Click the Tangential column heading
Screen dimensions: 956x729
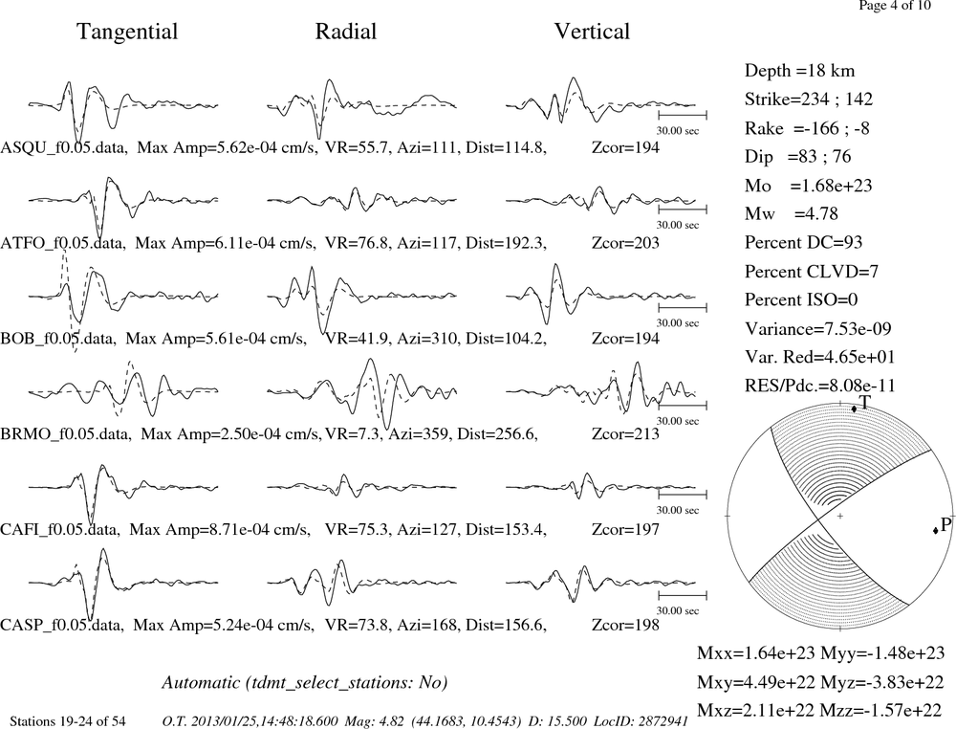127,32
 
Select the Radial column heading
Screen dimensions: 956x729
346,32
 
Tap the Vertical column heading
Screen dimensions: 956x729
592,32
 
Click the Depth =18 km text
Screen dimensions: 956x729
799,71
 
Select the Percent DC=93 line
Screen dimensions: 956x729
803,243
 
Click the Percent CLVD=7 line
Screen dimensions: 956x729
811,272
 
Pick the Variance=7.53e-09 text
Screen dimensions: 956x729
817,329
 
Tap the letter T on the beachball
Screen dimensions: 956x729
864,402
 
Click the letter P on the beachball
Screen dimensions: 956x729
945,525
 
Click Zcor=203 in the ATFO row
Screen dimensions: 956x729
625,243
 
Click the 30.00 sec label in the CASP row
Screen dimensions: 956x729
678,610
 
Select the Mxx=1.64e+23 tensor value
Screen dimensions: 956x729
756,653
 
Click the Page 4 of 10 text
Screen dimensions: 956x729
895,6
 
